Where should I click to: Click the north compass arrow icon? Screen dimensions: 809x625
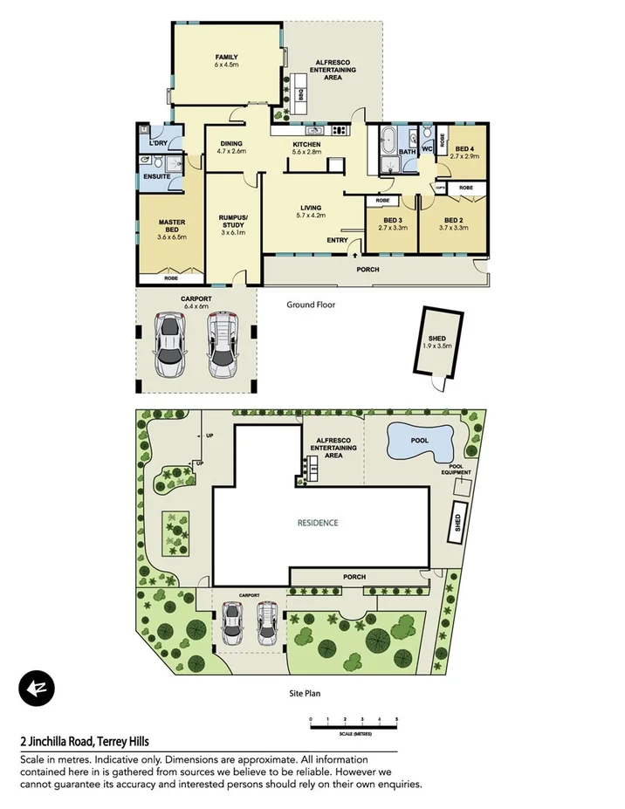tap(37, 688)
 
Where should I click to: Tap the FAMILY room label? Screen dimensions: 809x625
tap(226, 58)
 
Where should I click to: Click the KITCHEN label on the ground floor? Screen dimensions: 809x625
tap(306, 144)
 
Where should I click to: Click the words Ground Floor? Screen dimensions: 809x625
tap(312, 305)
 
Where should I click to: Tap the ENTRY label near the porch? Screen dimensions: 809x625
tap(337, 240)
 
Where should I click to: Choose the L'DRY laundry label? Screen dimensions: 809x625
tap(158, 142)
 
